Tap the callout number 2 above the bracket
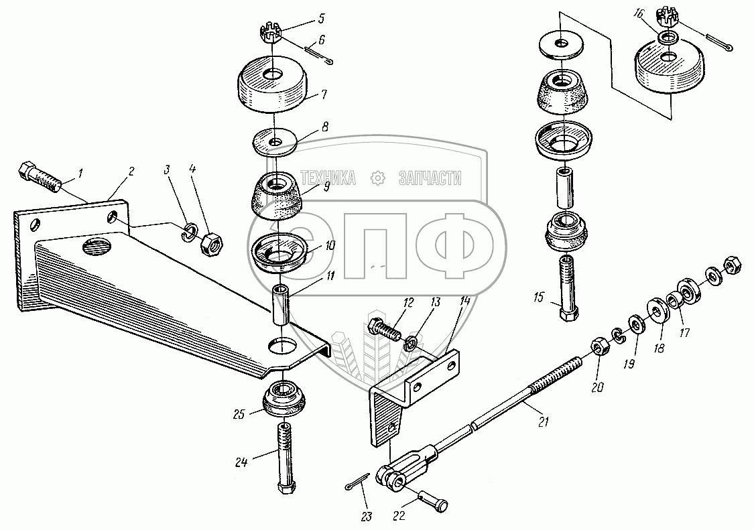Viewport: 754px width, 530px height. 131,172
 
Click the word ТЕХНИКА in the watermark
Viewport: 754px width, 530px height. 328,178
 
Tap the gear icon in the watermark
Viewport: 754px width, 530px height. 378,178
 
